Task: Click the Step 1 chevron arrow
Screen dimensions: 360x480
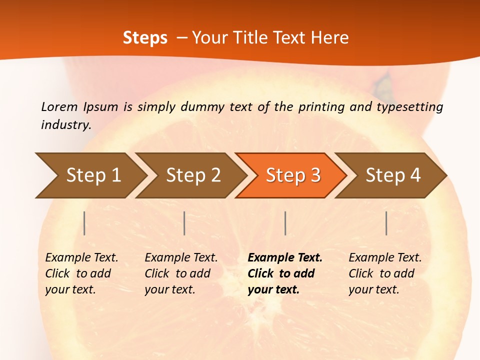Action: click(x=92, y=175)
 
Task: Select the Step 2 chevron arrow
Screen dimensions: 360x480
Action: click(x=192, y=175)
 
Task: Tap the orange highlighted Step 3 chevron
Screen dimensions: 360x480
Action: click(x=292, y=175)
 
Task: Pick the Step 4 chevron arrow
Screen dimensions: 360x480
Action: click(x=392, y=175)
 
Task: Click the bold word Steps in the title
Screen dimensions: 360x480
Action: click(x=145, y=38)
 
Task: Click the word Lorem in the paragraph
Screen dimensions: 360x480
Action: click(x=59, y=106)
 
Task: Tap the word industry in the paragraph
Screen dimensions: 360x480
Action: click(x=66, y=125)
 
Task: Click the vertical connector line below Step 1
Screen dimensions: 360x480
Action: click(x=84, y=223)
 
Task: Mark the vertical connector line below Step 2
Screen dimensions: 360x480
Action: click(x=184, y=223)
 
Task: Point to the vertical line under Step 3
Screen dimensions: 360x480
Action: click(x=285, y=223)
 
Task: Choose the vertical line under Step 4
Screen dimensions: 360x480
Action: click(x=386, y=223)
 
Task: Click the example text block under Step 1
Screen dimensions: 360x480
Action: click(x=81, y=273)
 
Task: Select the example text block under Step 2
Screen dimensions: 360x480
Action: click(x=181, y=273)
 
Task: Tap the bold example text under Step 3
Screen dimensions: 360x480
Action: click(x=285, y=273)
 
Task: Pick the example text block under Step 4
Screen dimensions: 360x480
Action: click(x=385, y=273)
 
